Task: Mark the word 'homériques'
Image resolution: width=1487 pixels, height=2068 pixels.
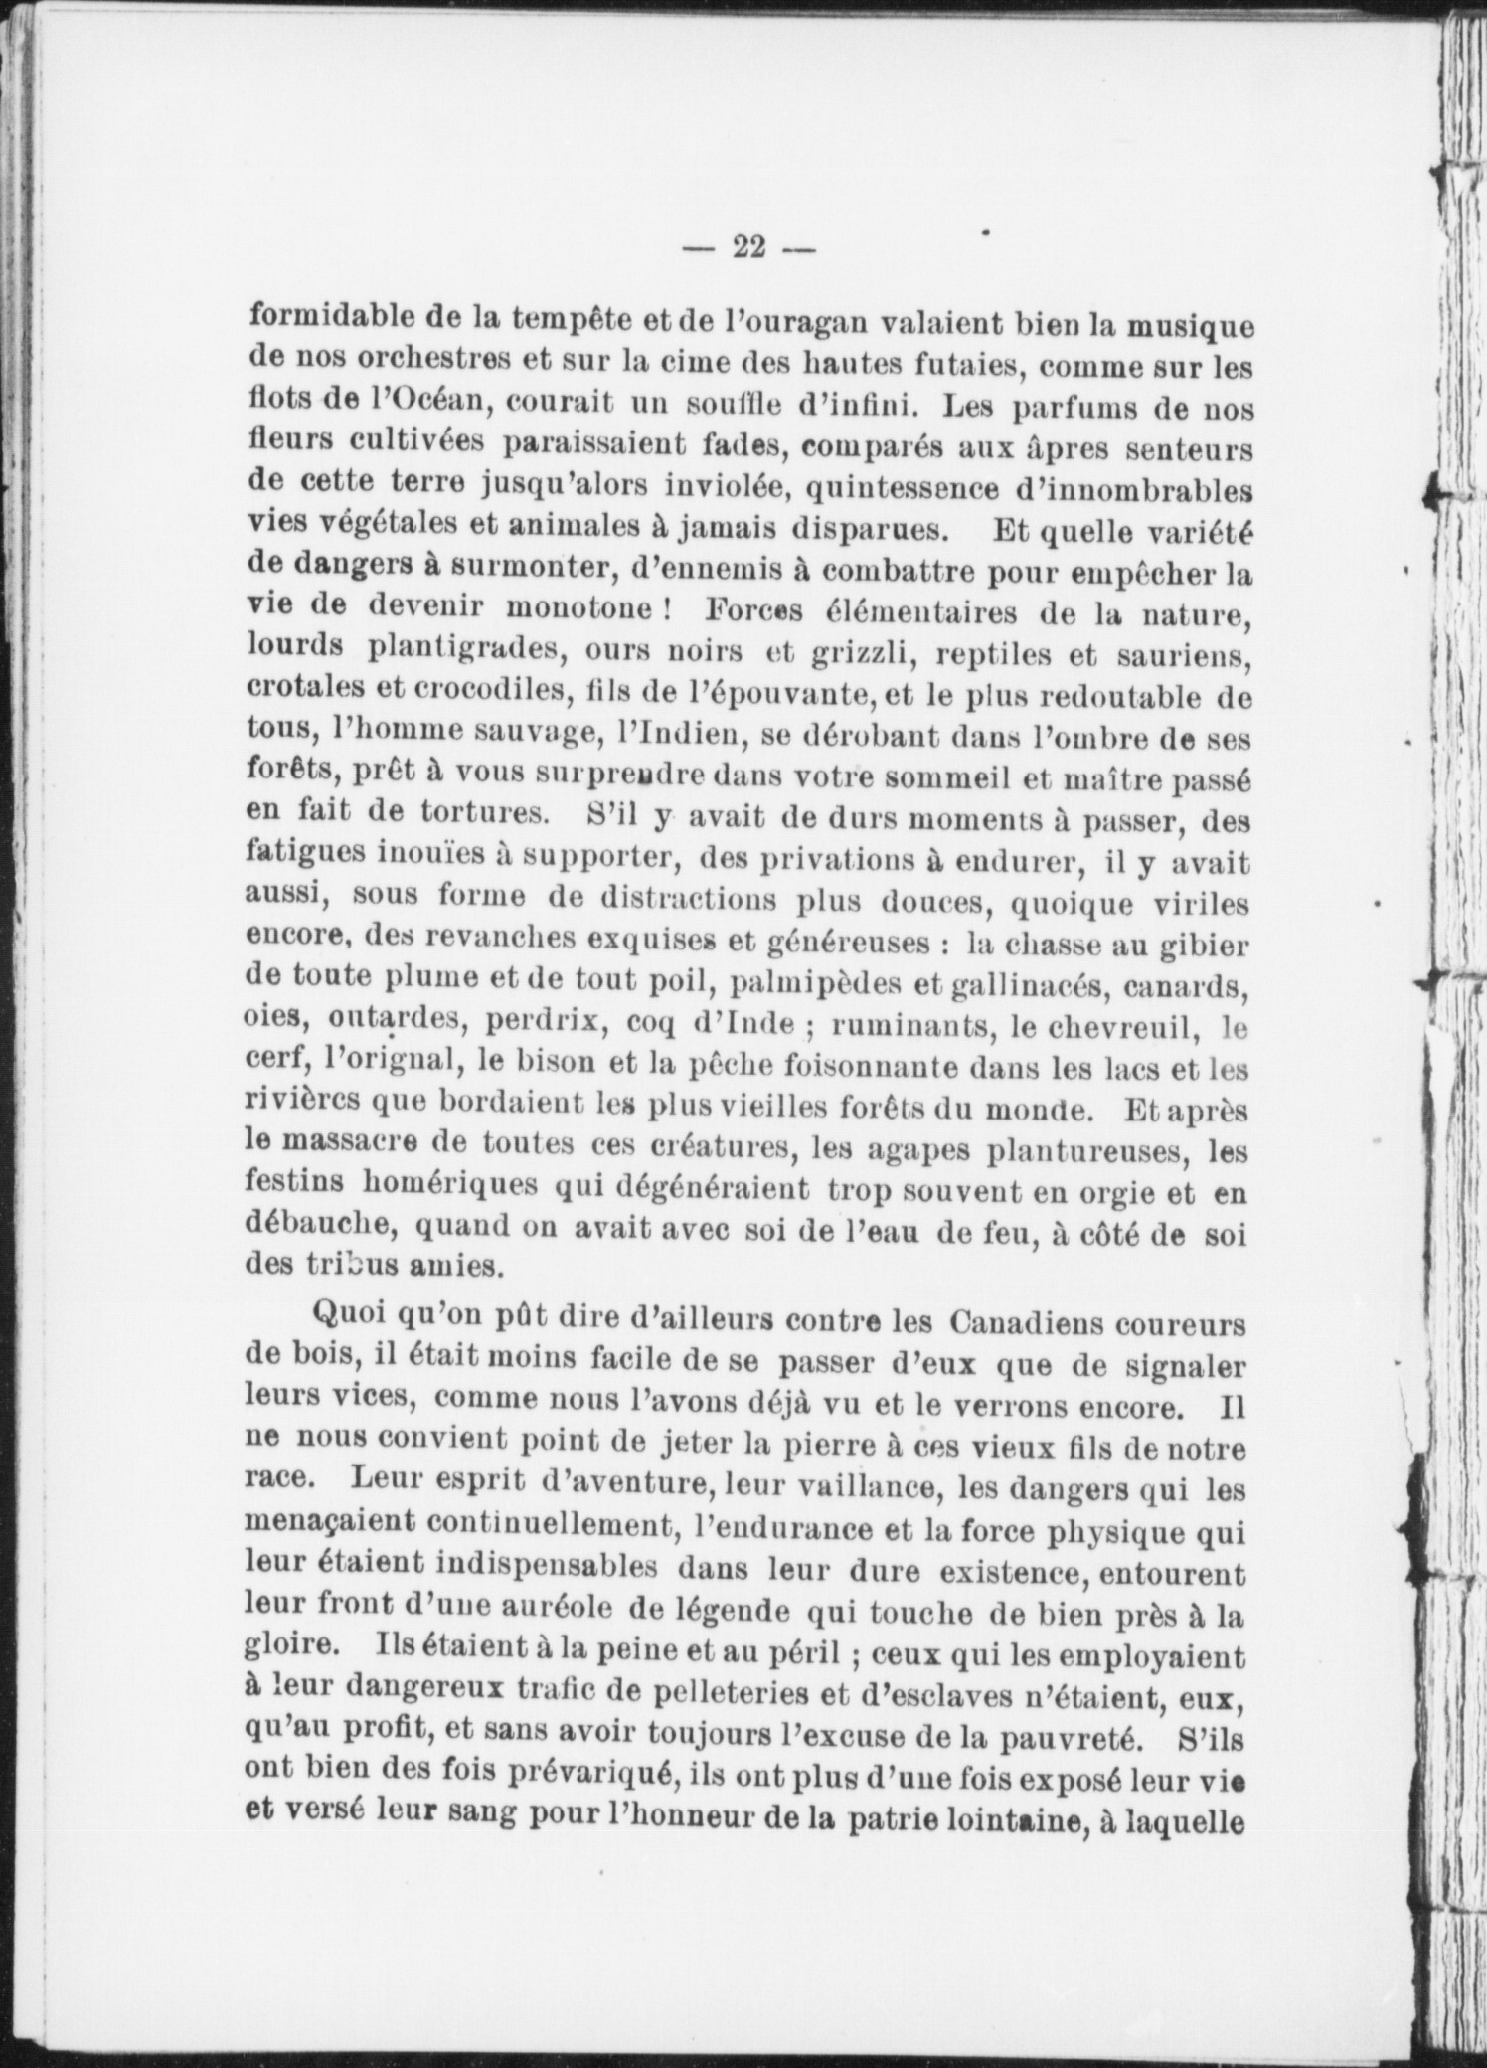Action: (x=449, y=1186)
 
